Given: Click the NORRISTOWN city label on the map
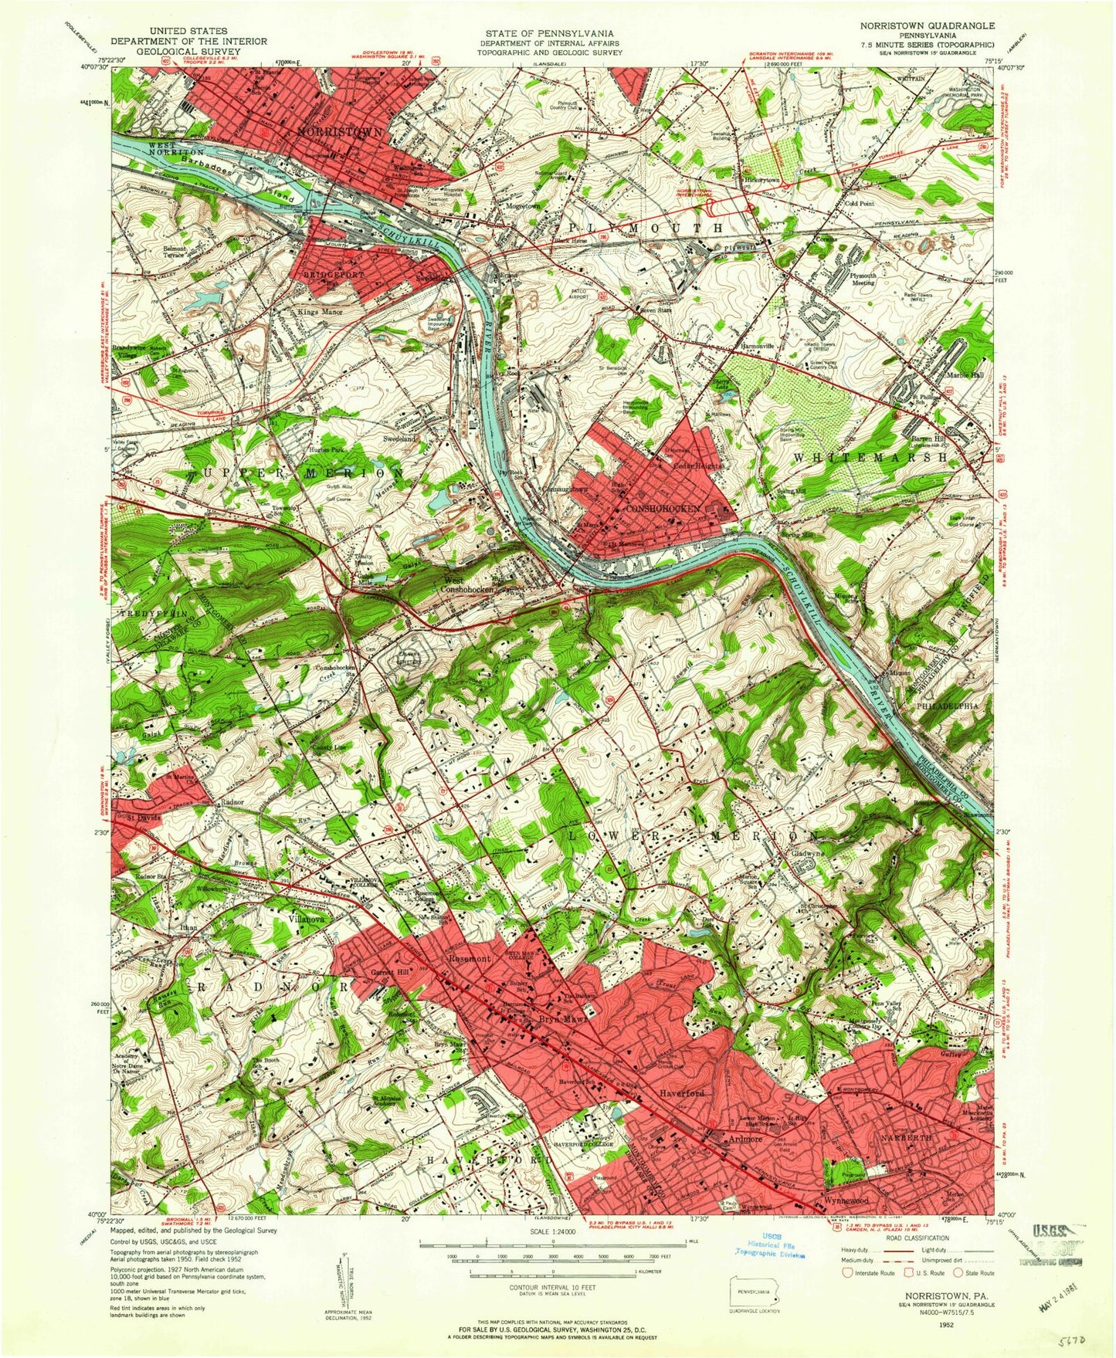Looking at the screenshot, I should [x=341, y=133].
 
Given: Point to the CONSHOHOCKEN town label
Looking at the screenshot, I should [x=663, y=510].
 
